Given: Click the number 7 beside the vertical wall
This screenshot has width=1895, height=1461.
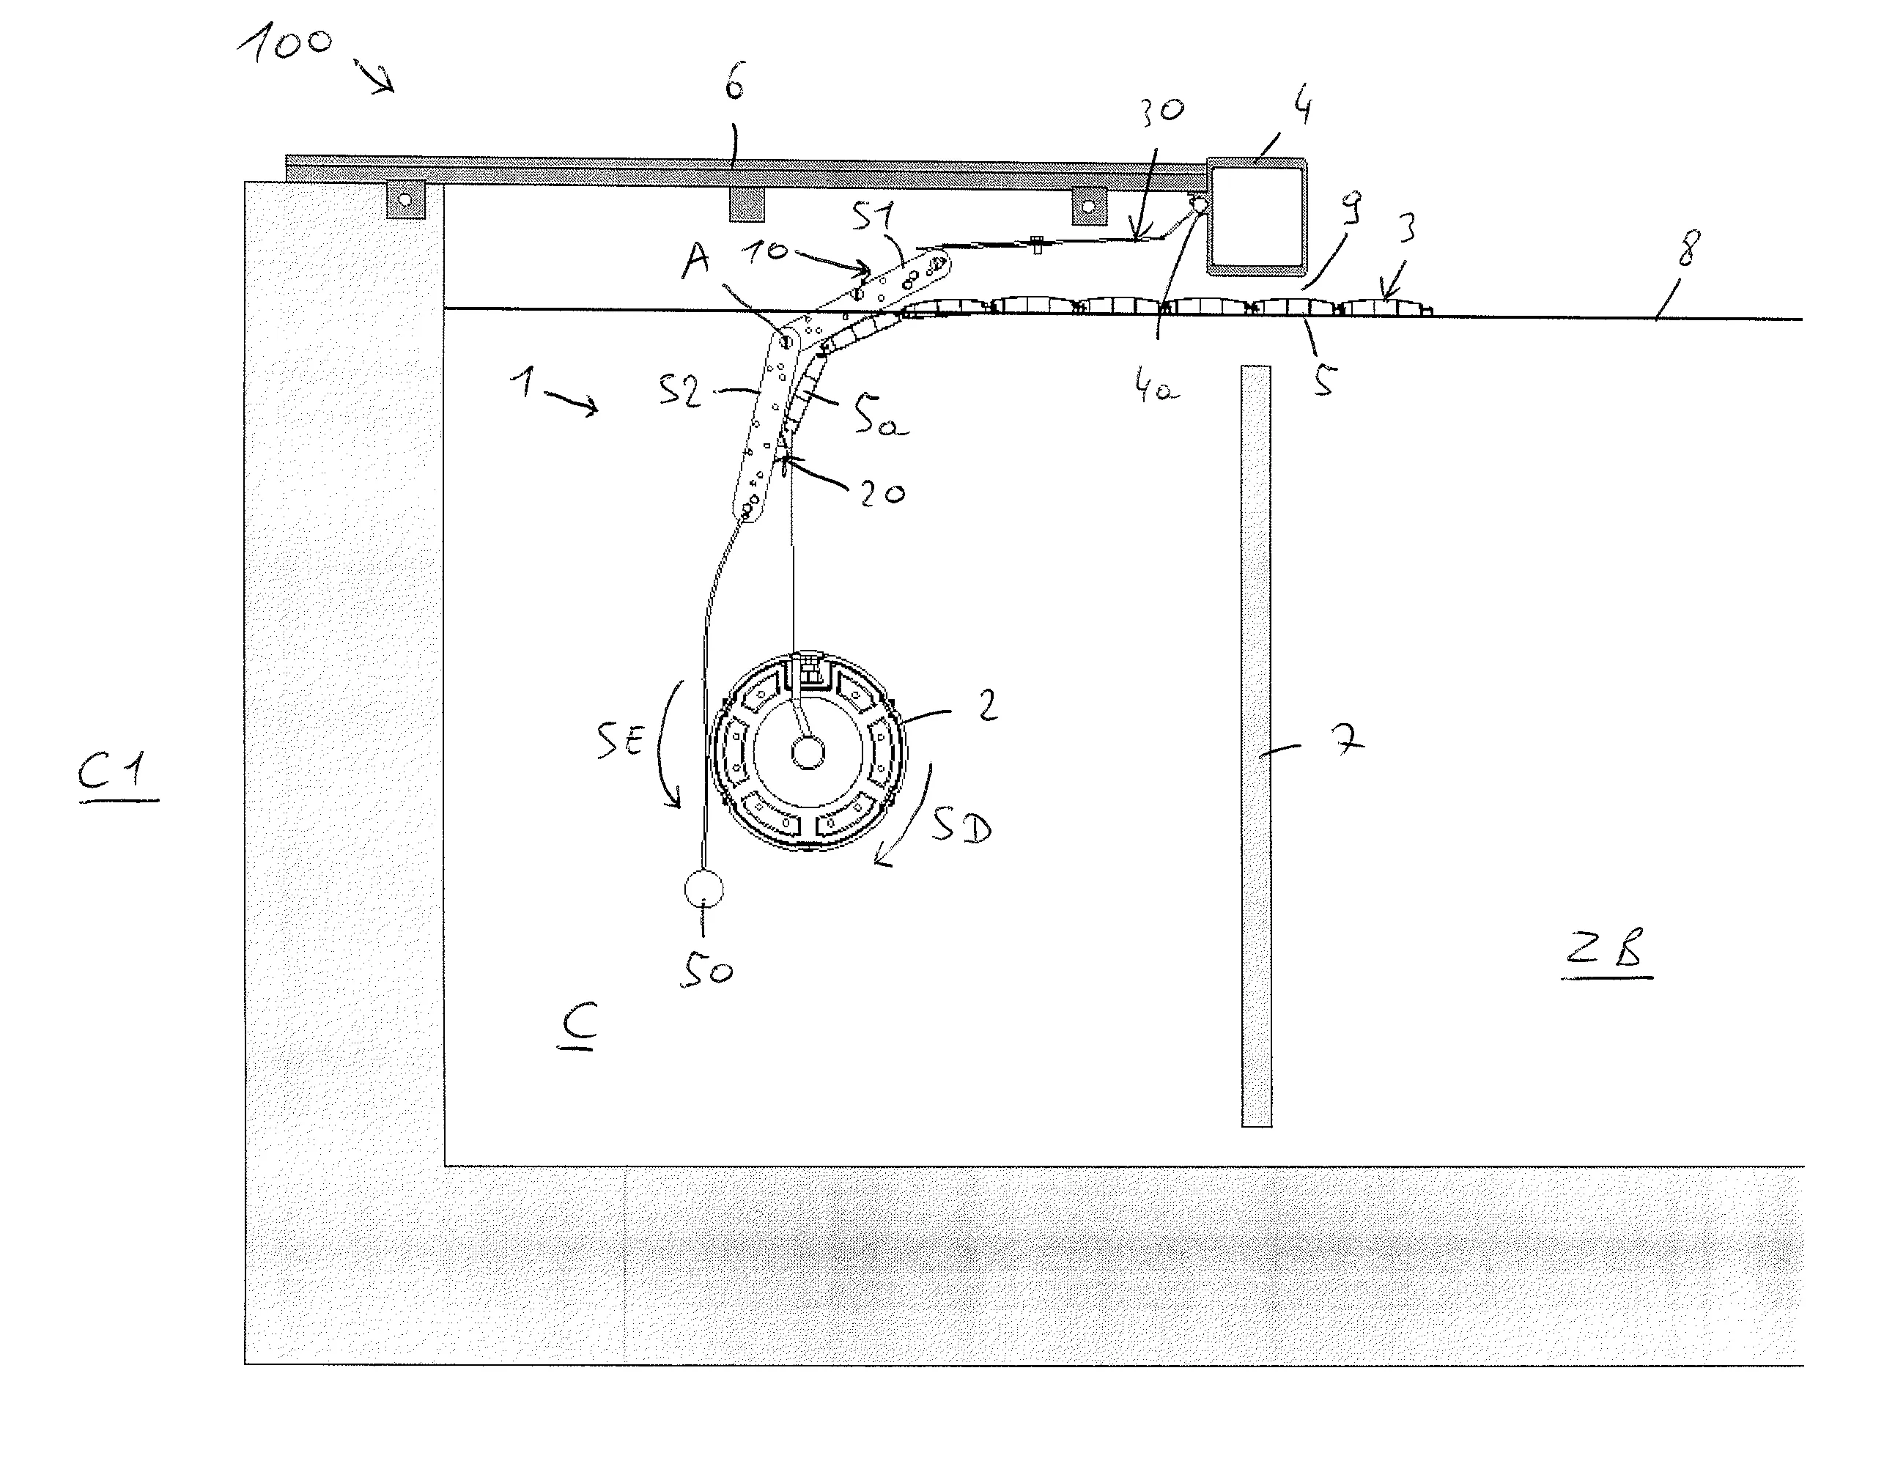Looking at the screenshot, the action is tap(1348, 740).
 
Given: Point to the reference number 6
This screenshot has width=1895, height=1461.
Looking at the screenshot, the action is tap(735, 85).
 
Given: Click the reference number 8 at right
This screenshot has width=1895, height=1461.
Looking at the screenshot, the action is tap(1688, 248).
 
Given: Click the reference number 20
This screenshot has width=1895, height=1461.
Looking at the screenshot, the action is tap(882, 493).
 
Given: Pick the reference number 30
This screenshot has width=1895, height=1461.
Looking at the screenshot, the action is tap(1161, 110).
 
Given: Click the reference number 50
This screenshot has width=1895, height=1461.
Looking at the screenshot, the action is tap(706, 970).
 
